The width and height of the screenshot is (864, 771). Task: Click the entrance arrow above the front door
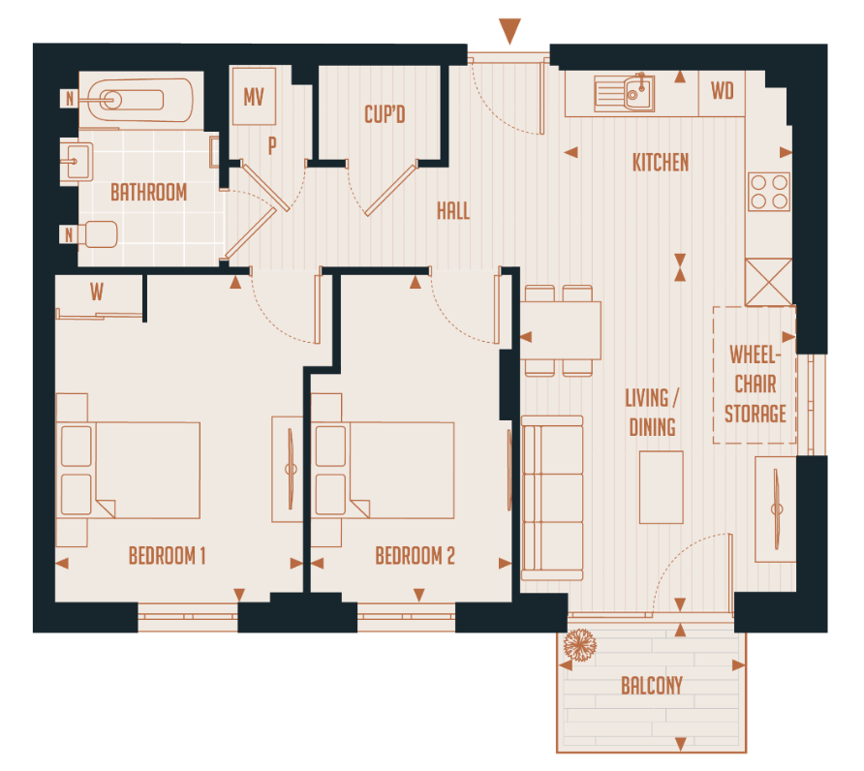[509, 29]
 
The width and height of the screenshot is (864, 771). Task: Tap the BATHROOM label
[148, 192]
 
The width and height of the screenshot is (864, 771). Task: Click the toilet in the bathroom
[98, 234]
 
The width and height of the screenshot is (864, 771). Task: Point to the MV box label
[254, 98]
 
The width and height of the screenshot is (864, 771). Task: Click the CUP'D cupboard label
[384, 115]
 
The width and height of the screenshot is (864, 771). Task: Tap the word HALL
[452, 210]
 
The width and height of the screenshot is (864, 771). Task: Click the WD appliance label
[722, 92]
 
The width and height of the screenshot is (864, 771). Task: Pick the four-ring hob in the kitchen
[769, 191]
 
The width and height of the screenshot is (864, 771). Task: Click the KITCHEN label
[661, 162]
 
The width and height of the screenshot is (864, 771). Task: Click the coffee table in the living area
[661, 487]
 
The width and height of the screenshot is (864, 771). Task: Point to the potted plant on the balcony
[580, 645]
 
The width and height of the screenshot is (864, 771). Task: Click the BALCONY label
[651, 686]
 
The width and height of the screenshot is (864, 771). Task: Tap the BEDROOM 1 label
[167, 556]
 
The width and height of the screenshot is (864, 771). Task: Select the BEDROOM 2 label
[415, 556]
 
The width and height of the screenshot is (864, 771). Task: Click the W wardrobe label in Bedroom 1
[97, 292]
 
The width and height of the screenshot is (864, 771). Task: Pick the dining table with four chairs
[561, 330]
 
